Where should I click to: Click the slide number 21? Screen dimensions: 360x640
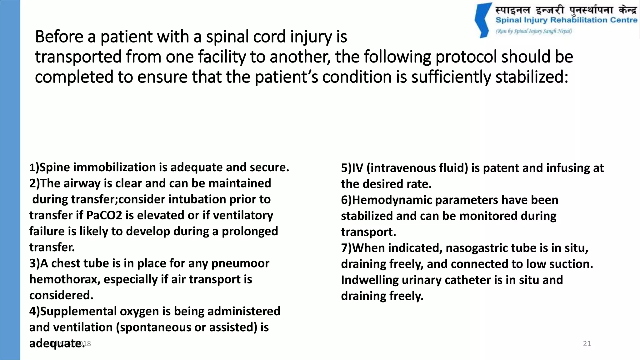coord(587,344)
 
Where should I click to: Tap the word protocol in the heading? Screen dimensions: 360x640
coord(466,57)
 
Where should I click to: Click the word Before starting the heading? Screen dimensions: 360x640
coord(59,37)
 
